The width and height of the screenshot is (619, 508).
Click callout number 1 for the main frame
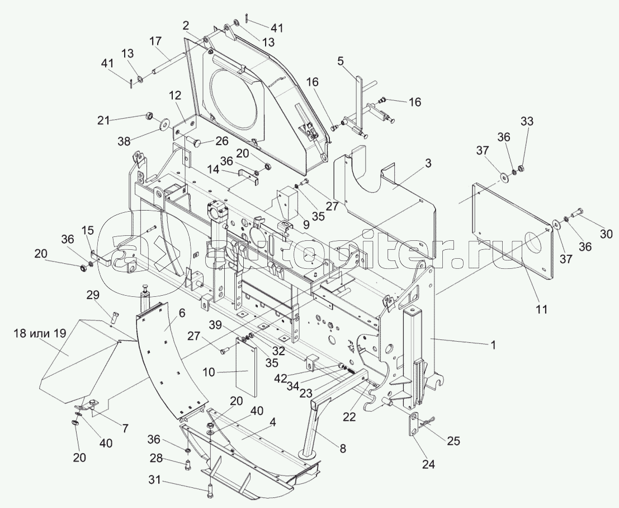tap(493, 346)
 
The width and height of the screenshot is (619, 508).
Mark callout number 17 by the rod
tap(155, 41)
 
